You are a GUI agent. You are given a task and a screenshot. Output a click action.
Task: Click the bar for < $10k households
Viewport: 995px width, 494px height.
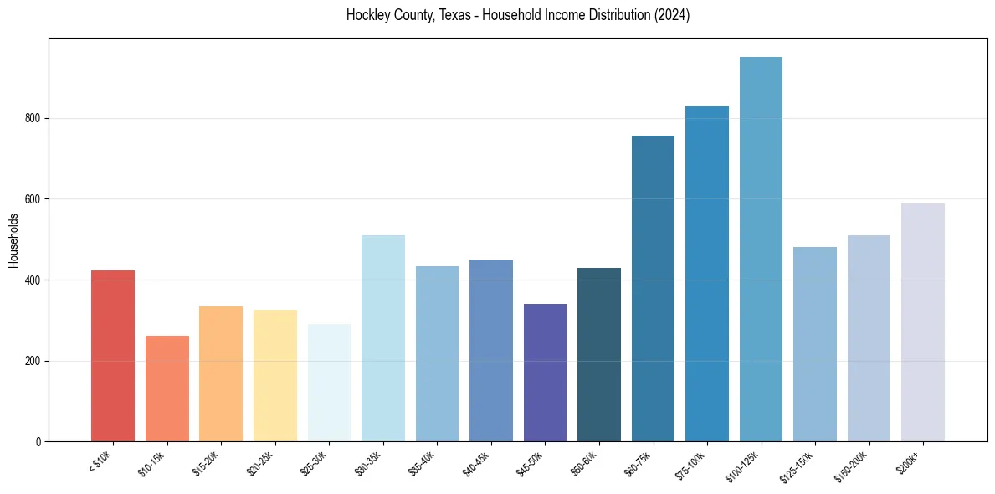(113, 356)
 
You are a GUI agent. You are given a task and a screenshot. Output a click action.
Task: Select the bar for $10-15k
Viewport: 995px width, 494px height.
(167, 389)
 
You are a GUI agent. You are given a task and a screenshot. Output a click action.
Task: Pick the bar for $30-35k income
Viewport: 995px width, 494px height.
(383, 338)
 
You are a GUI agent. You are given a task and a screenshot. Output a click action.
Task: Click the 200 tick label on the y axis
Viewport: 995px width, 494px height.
(34, 361)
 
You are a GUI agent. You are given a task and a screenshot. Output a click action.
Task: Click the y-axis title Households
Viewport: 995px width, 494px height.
(13, 240)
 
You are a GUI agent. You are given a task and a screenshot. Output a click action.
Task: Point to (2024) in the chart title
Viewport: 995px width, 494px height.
(672, 15)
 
